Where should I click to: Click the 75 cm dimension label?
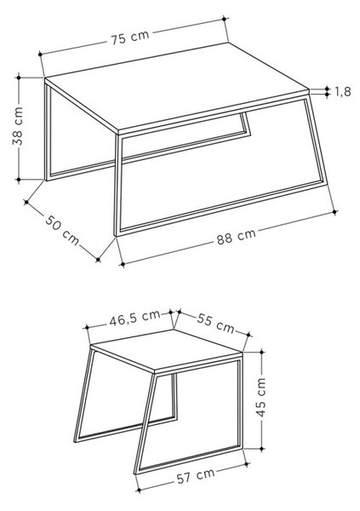tap(130, 37)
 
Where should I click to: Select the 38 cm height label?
tap(18, 126)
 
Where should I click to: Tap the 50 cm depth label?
tap(62, 230)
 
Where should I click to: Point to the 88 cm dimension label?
tap(237, 236)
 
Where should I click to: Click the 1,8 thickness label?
tap(343, 92)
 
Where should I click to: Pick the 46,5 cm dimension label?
tap(134, 318)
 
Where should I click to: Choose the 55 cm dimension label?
tap(215, 323)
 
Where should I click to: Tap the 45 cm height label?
tap(261, 397)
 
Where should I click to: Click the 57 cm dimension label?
tap(196, 475)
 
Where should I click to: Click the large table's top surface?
tap(176, 87)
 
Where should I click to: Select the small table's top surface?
tap(166, 351)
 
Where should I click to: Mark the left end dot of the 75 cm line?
tap(40, 54)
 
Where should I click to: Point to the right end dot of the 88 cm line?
tap(334, 212)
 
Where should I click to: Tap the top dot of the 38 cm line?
tap(19, 78)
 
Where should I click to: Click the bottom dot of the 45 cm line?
tap(262, 449)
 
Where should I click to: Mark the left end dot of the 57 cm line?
tap(139, 490)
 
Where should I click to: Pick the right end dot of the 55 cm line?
tap(249, 335)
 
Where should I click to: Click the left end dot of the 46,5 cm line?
tap(87, 327)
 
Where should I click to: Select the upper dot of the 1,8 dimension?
tap(327, 89)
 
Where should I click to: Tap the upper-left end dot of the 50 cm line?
tap(26, 203)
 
